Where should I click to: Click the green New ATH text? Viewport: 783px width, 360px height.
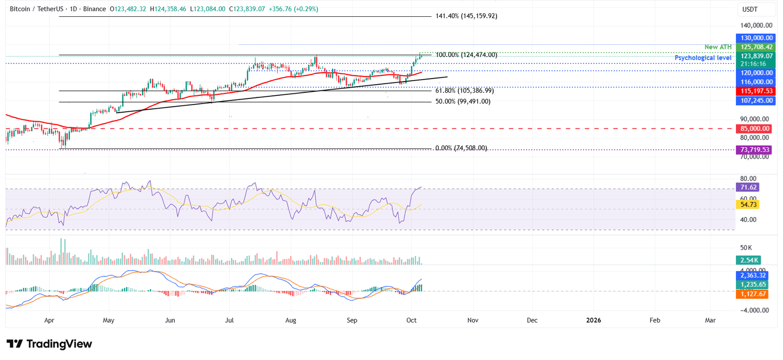718,47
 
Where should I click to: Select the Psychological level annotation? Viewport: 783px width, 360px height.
703,58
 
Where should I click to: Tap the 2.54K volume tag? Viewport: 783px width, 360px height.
750,260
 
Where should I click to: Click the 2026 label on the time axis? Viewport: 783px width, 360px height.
593,320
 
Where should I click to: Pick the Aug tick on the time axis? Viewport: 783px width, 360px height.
291,320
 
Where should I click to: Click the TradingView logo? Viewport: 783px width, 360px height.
49,344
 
